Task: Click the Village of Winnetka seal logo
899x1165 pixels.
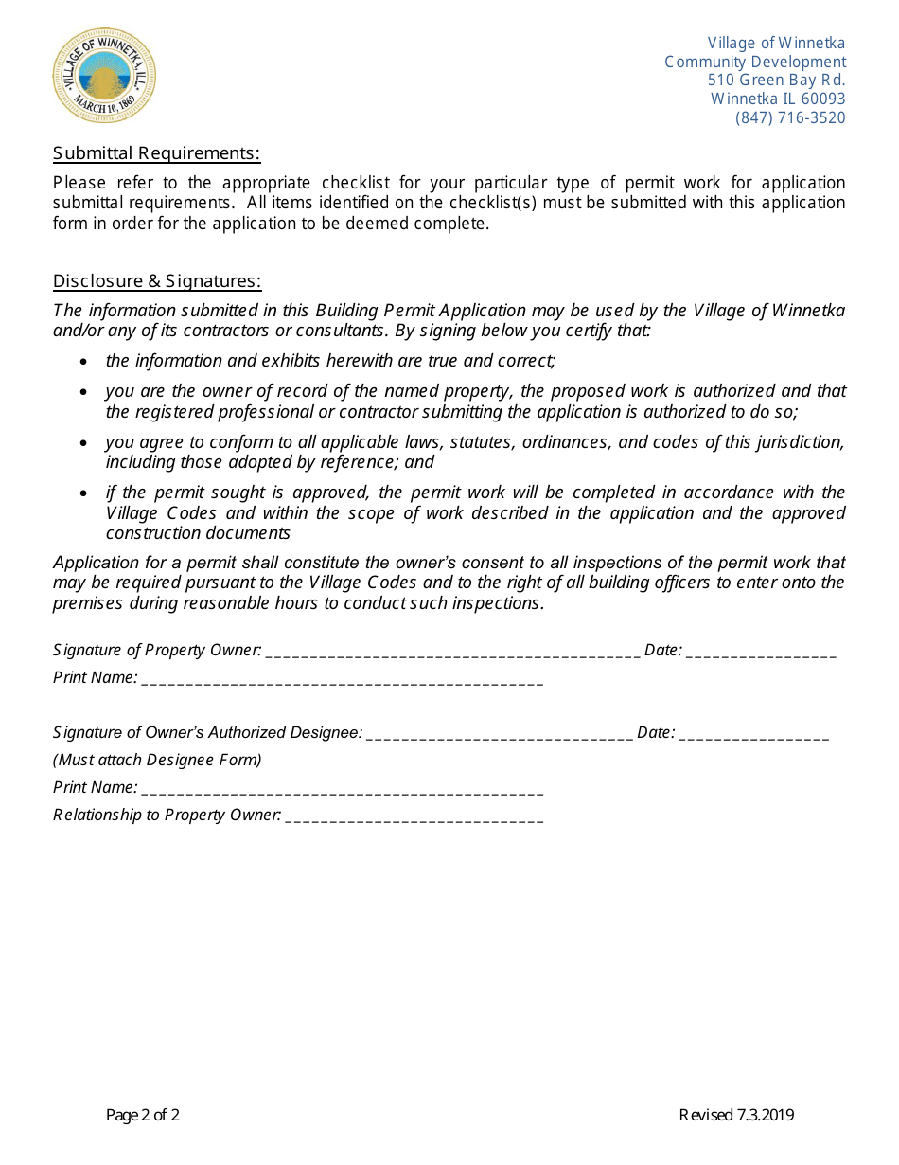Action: tap(104, 75)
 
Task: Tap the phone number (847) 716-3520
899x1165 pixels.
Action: tap(790, 118)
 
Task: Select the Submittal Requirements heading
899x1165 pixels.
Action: tap(156, 153)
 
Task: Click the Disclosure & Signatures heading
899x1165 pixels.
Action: tap(157, 281)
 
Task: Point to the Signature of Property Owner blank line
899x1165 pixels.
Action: tap(452, 652)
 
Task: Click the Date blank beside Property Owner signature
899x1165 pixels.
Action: tap(761, 652)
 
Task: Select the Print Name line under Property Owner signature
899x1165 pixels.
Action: tap(342, 680)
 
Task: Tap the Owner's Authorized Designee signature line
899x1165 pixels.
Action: tap(499, 734)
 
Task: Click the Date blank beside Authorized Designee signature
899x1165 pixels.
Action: tap(754, 734)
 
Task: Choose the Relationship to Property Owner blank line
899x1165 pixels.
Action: tap(414, 816)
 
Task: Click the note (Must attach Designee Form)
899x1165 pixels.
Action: tap(157, 760)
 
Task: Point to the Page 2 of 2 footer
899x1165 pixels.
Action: tap(143, 1115)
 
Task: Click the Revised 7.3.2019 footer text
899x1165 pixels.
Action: tap(736, 1115)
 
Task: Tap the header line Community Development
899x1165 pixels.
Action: tap(755, 62)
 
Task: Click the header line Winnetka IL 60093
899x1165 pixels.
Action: tap(778, 99)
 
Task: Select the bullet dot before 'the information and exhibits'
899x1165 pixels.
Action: tap(84, 362)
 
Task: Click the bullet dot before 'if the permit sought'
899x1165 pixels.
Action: tap(84, 493)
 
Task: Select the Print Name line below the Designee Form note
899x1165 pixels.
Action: tap(342, 789)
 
